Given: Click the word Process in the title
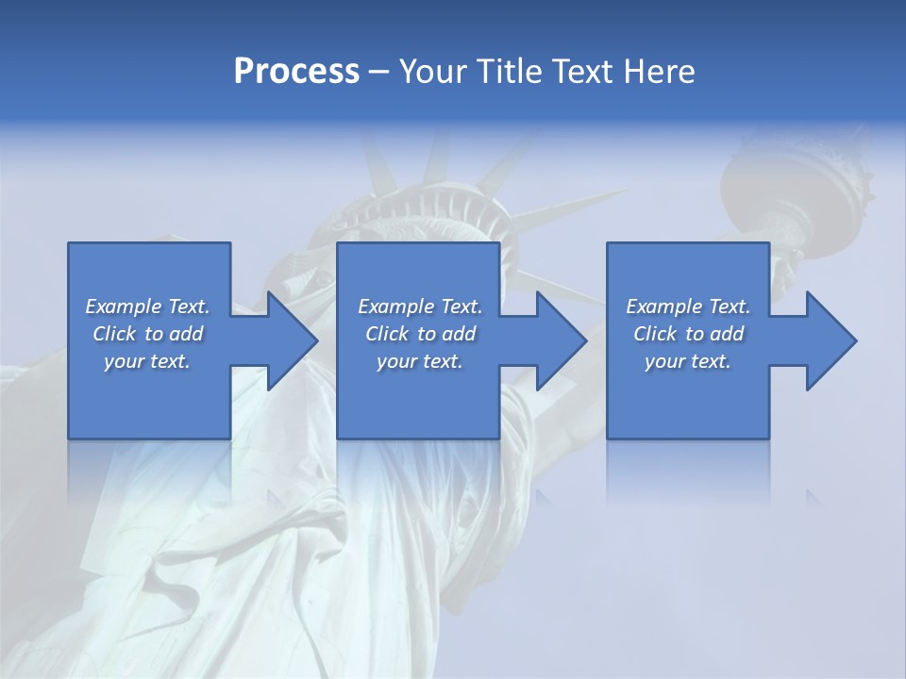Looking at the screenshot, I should point(296,72).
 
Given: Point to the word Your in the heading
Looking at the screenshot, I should point(432,72).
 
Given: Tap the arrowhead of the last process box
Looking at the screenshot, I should point(827,340).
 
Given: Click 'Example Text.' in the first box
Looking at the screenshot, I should point(147,306).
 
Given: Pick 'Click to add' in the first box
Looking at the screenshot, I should point(148,334).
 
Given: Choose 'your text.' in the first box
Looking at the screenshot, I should point(147,361).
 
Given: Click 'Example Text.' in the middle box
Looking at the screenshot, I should point(420,306).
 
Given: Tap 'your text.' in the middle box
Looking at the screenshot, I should point(420,361).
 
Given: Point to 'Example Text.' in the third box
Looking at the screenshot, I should point(688,306).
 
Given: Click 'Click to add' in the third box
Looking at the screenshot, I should point(689,334).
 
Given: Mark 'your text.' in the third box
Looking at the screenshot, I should point(688,361).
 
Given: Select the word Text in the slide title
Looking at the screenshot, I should point(577,72).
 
